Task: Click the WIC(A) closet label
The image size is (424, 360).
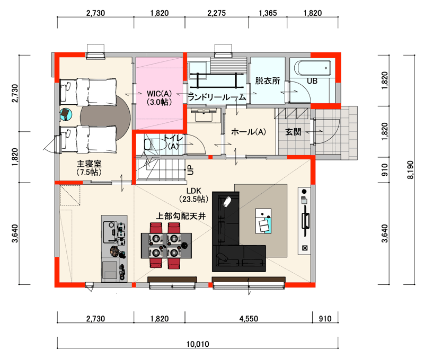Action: coord(159,94)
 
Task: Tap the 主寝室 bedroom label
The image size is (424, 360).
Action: coord(89,164)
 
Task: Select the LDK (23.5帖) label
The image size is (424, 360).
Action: coord(193,195)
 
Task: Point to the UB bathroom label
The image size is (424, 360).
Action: coord(312,81)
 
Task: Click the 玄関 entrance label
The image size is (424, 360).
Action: coord(293,132)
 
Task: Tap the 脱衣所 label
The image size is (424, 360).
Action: coord(268,80)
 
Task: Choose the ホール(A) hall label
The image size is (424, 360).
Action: coord(248,132)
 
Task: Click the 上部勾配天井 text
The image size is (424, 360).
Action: coord(181,216)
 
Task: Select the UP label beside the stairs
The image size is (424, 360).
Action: coord(190,170)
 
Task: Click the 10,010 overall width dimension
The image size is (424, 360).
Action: coord(198,344)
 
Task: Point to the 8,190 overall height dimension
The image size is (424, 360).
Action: coord(410,170)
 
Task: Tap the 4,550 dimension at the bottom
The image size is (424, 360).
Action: coord(249,319)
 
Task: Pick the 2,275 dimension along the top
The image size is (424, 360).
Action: coord(217,13)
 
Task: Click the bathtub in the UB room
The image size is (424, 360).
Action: coord(313,68)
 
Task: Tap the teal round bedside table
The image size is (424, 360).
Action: coord(66,114)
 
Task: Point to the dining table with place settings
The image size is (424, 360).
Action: coord(166,246)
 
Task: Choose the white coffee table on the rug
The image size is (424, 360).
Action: coord(263,221)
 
